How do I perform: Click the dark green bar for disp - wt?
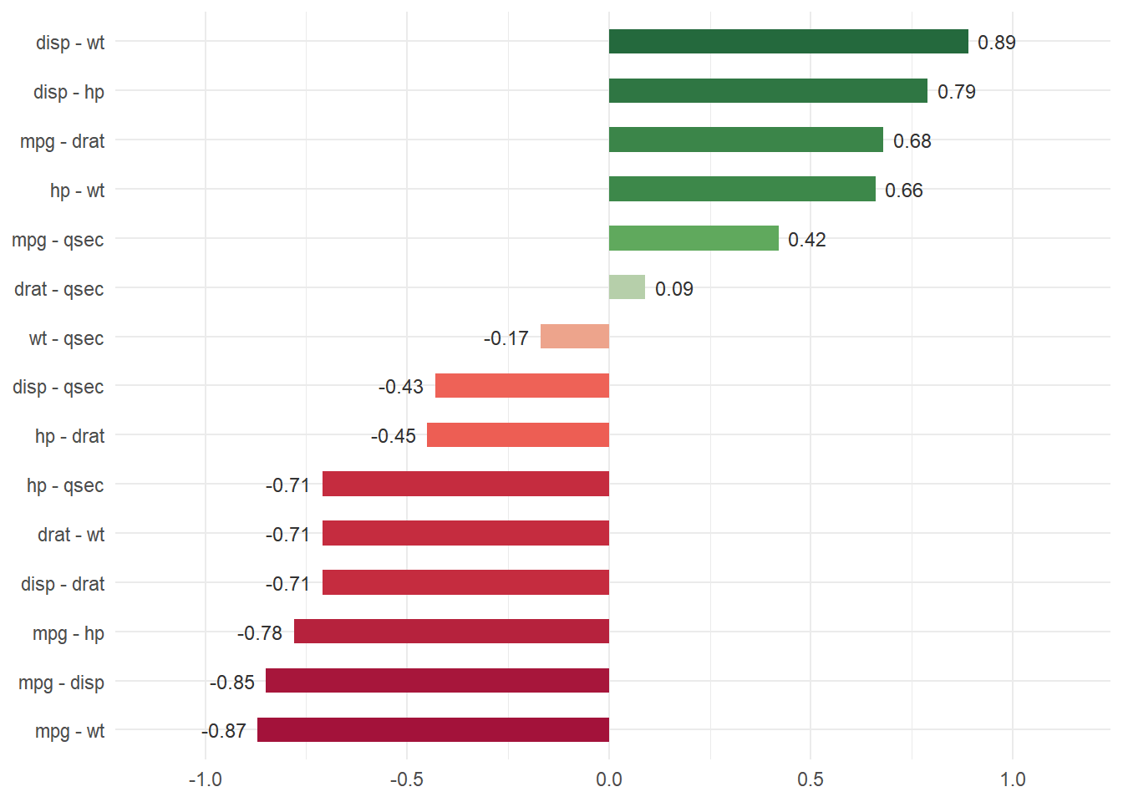788,42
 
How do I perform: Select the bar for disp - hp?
768,91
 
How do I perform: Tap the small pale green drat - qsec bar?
627,287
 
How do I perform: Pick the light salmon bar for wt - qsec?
575,337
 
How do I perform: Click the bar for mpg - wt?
433,730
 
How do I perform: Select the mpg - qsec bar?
694,239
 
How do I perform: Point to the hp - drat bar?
518,435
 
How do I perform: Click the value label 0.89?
996,43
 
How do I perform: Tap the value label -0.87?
224,731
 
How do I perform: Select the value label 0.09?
673,289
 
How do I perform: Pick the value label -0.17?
506,338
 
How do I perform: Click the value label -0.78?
260,633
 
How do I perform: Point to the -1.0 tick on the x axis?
205,779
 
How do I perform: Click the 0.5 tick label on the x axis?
810,779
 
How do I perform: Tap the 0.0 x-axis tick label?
608,779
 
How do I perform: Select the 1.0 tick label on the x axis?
1013,779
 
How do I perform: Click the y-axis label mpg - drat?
62,141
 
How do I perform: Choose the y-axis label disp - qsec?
58,387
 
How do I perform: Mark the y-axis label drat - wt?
71,535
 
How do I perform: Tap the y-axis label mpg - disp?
61,683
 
